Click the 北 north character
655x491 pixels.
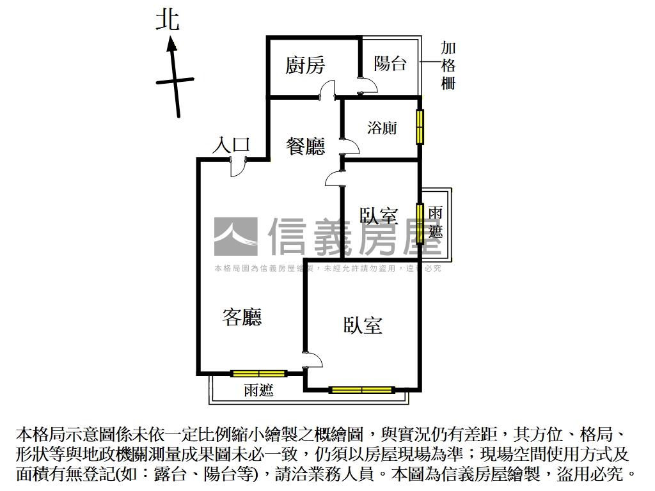(x=168, y=20)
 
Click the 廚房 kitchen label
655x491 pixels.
(x=305, y=65)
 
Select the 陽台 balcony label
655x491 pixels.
(x=390, y=63)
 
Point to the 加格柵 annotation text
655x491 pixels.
(x=448, y=66)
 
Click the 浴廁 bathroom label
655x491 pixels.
(x=382, y=128)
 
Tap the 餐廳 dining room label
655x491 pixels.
(x=305, y=146)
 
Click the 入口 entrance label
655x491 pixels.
(x=230, y=146)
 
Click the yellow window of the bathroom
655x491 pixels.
(x=420, y=127)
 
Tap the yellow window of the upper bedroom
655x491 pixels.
(x=420, y=224)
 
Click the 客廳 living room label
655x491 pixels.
(x=242, y=316)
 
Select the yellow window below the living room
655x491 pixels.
(x=258, y=373)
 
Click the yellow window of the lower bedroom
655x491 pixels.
(x=361, y=389)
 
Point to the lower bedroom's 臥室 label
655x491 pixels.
(x=363, y=325)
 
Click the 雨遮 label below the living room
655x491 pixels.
(x=258, y=391)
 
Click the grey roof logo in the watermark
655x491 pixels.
(x=235, y=237)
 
